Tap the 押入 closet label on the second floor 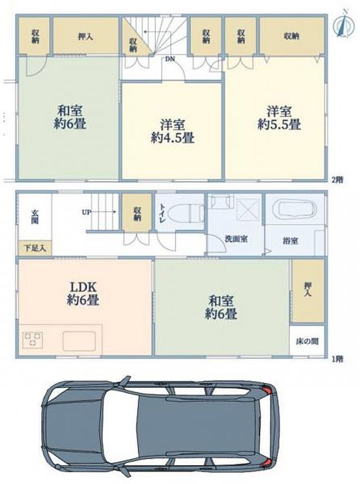[85, 36]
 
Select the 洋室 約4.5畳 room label [172, 131]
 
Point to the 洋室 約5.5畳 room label [280, 118]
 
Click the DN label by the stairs [170, 59]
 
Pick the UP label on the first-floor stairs [86, 212]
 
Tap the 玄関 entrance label [35, 216]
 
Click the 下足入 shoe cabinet [35, 248]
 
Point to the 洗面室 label [237, 239]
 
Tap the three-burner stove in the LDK [32, 339]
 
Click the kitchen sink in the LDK [79, 341]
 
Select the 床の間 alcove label [307, 341]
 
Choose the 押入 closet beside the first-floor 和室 [308, 291]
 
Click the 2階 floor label [337, 180]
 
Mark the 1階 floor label [337, 359]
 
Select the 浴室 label [290, 241]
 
